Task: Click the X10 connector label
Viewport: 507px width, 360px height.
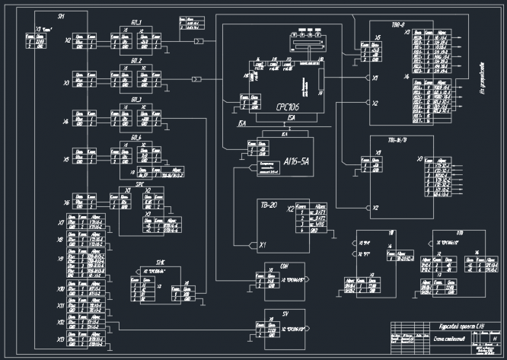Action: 61,290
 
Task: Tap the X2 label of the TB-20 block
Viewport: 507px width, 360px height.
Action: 289,208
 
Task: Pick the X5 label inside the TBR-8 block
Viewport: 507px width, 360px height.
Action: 378,37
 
